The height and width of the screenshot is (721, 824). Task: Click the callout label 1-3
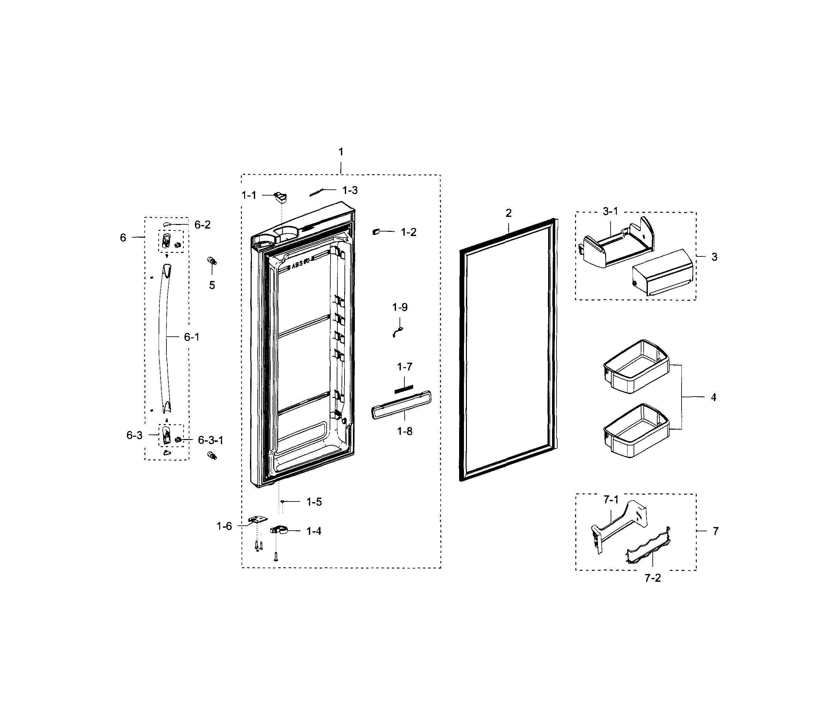[350, 190]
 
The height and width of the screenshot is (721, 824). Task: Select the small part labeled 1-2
[376, 232]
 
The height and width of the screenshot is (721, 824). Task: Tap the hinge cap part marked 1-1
[281, 197]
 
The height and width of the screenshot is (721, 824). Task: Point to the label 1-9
[400, 307]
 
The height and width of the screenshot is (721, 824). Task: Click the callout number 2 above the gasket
[509, 213]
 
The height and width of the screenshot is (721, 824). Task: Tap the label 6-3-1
[210, 440]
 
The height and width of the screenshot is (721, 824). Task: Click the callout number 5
[212, 285]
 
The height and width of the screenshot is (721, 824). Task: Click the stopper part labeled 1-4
[279, 531]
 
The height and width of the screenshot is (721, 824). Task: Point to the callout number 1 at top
[341, 152]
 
